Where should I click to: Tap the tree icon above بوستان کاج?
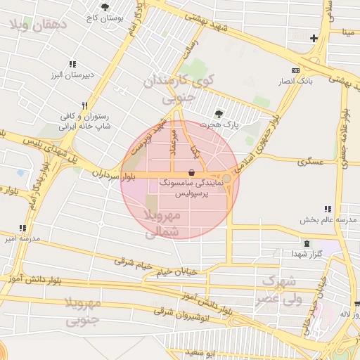pos(105,7)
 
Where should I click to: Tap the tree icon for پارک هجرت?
pos(219,113)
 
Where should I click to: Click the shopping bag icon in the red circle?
pos(192,172)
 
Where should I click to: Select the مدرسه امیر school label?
pos(21,238)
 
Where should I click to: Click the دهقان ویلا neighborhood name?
pos(38,26)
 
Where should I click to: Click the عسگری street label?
pos(309,161)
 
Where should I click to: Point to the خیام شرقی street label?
pos(133,262)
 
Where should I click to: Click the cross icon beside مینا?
pos(314,38)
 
